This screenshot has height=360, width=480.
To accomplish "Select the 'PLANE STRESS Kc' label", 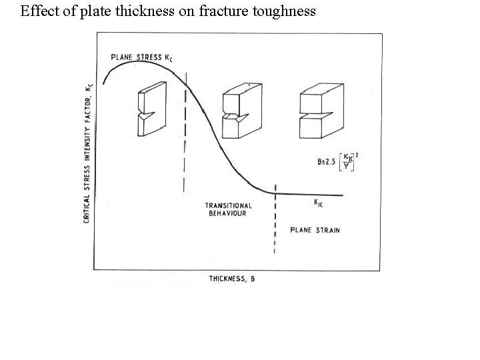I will coord(141,57).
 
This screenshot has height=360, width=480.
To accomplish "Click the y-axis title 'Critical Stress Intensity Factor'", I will coord(87,151).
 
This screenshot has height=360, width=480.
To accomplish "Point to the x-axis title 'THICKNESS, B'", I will coord(231,279).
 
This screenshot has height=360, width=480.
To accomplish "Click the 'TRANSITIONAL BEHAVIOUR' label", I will coord(228,209).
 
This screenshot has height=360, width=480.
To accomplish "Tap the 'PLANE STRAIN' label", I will coord(315,230).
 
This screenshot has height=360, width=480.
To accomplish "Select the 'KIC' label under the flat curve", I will coord(319,202).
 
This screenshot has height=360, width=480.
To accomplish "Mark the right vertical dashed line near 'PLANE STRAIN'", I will coord(275,220).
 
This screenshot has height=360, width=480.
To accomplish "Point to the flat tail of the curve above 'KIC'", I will coord(313,195).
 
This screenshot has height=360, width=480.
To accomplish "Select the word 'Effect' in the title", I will coord(37,11).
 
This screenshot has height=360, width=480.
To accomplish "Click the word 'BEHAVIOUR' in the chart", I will coord(228,213).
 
